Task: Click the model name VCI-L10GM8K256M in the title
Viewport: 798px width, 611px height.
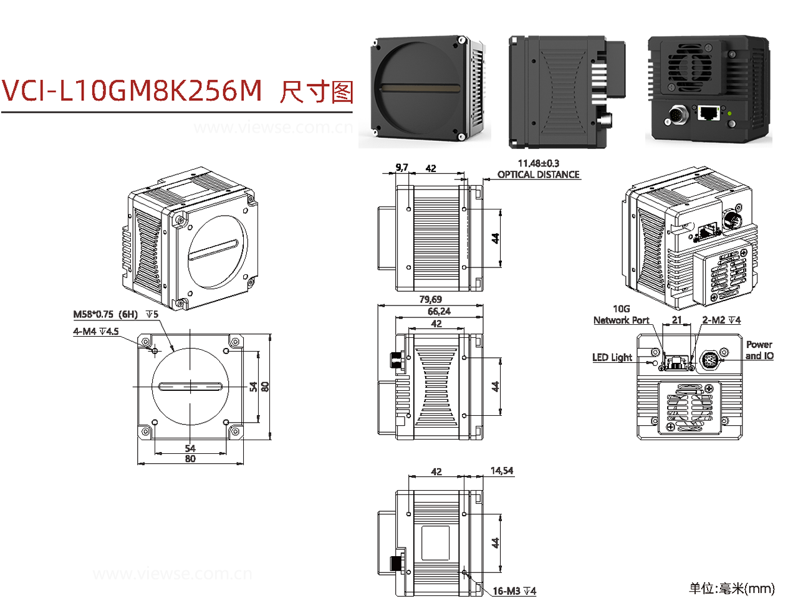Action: point(132,91)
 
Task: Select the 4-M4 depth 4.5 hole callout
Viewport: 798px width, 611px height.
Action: point(96,332)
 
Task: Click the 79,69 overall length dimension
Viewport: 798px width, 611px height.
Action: point(430,300)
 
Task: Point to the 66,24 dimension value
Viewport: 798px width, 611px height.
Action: point(438,311)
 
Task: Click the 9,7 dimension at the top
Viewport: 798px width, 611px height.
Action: point(401,167)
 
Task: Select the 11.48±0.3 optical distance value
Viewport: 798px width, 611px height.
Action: point(538,163)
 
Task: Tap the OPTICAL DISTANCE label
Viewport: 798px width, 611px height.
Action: point(538,175)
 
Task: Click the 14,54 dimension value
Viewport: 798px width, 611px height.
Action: point(501,471)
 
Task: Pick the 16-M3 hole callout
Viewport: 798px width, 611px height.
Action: point(514,591)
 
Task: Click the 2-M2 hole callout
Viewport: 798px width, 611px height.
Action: point(721,320)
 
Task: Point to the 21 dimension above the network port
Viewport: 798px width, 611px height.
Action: point(676,320)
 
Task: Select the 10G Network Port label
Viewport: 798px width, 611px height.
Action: point(621,315)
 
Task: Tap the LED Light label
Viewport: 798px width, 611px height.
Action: point(612,357)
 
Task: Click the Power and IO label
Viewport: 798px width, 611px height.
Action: point(759,350)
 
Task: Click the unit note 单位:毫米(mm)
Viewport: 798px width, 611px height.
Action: point(731,588)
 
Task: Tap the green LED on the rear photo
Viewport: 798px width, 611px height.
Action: point(729,113)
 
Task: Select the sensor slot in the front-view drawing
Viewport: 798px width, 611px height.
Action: point(191,387)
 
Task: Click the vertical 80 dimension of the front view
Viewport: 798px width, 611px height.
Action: point(265,387)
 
